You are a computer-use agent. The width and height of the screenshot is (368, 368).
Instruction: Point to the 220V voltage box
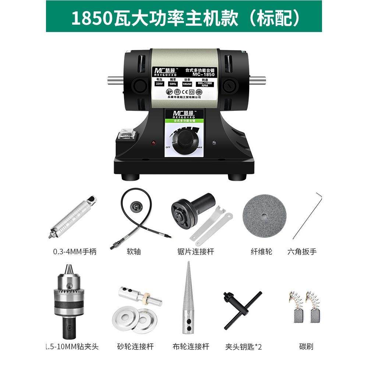coord(159,84)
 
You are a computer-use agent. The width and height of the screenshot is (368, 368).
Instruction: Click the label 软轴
coord(133,252)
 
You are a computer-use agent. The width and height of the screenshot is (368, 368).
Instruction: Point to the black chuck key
coord(242,309)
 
